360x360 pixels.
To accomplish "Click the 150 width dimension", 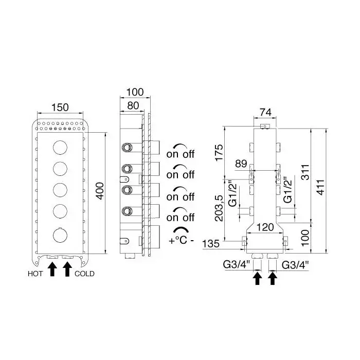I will pos(61,107).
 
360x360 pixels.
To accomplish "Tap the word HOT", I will pos(35,274).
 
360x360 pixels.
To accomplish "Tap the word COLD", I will pos(84,274).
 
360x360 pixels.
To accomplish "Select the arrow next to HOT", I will pos(51,269).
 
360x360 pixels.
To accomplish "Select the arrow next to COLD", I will pos(67,269).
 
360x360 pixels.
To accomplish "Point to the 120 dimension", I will pos(265,227).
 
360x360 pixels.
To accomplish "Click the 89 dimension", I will pos(241,164).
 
